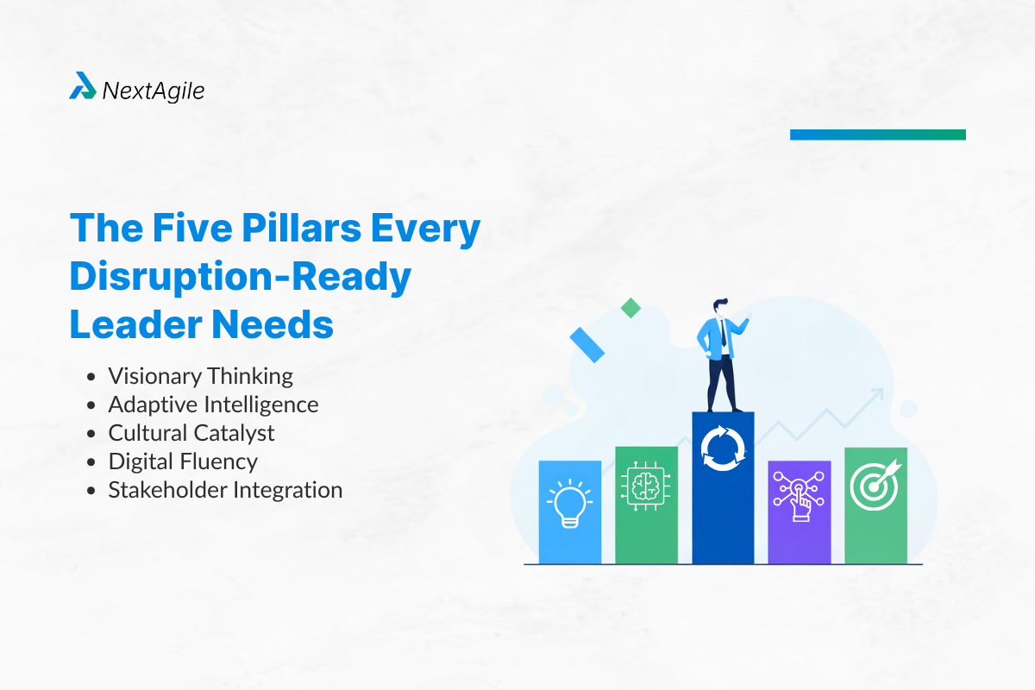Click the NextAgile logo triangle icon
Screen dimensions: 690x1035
[83, 86]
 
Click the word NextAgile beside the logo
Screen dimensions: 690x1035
[154, 90]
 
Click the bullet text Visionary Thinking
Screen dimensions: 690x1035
[200, 376]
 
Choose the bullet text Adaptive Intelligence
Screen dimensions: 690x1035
[213, 405]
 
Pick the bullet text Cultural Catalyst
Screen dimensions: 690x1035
[191, 433]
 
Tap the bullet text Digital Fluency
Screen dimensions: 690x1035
[183, 461]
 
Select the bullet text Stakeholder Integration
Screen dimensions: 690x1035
[225, 490]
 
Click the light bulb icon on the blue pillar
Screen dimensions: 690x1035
[570, 502]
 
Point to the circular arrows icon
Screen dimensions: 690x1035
[723, 447]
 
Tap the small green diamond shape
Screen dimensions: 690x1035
[631, 308]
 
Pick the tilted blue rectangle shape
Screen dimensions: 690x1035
[587, 344]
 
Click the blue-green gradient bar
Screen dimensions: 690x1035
[877, 135]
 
